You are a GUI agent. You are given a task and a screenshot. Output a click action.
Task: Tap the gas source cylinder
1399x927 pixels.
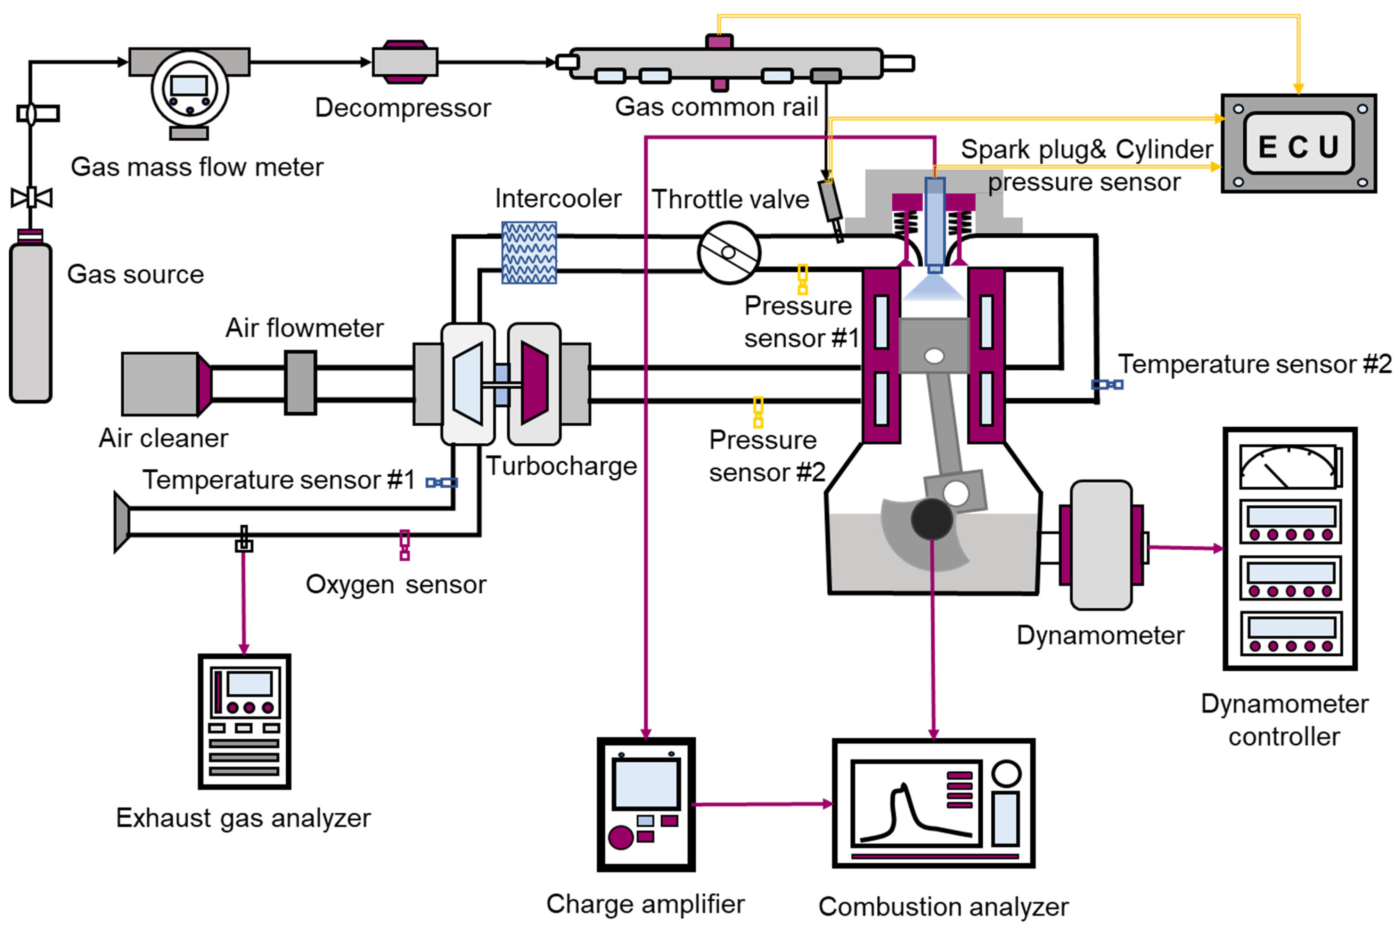tap(31, 322)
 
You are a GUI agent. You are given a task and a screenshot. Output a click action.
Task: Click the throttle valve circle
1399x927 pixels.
tap(728, 253)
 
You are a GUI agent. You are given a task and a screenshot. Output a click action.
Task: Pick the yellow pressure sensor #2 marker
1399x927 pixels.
tap(758, 412)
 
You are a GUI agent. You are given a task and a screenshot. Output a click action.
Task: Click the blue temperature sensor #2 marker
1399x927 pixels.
tap(1106, 384)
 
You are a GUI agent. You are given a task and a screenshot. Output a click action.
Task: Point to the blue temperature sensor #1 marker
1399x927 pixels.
tap(441, 482)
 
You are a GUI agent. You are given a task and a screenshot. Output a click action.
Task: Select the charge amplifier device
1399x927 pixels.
tap(646, 804)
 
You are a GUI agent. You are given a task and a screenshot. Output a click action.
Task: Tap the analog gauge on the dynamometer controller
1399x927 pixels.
tap(1290, 467)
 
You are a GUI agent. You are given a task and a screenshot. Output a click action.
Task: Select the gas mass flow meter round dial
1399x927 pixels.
tap(189, 89)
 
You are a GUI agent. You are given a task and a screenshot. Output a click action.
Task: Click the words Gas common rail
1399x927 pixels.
tap(716, 107)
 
